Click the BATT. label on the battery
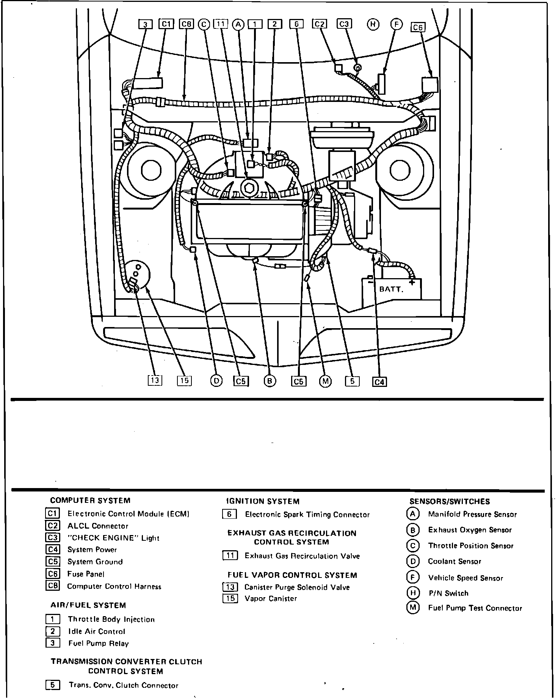pyautogui.click(x=391, y=290)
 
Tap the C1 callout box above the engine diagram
pyautogui.click(x=166, y=24)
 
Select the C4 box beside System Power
pyautogui.click(x=52, y=549)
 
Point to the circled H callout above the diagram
pyautogui.click(x=373, y=25)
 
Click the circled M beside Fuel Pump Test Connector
pyautogui.click(x=412, y=608)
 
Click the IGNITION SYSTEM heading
pyautogui.click(x=263, y=501)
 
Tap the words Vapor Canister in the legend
pyautogui.click(x=271, y=599)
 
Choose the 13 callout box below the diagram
pyautogui.click(x=155, y=380)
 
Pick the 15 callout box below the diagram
pyautogui.click(x=184, y=380)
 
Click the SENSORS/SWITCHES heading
pyautogui.click(x=450, y=501)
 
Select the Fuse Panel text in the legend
pyautogui.click(x=86, y=574)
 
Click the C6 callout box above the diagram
pyautogui.click(x=418, y=27)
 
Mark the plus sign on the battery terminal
pyautogui.click(x=412, y=282)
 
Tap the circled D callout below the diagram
pyautogui.click(x=216, y=380)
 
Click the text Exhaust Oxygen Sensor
pyautogui.click(x=470, y=530)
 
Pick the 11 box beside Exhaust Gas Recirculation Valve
pyautogui.click(x=230, y=556)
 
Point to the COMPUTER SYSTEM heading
pyautogui.click(x=90, y=501)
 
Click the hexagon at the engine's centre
pyautogui.click(x=249, y=188)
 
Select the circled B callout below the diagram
pyautogui.click(x=270, y=381)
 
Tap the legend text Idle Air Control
pyautogui.click(x=97, y=631)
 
